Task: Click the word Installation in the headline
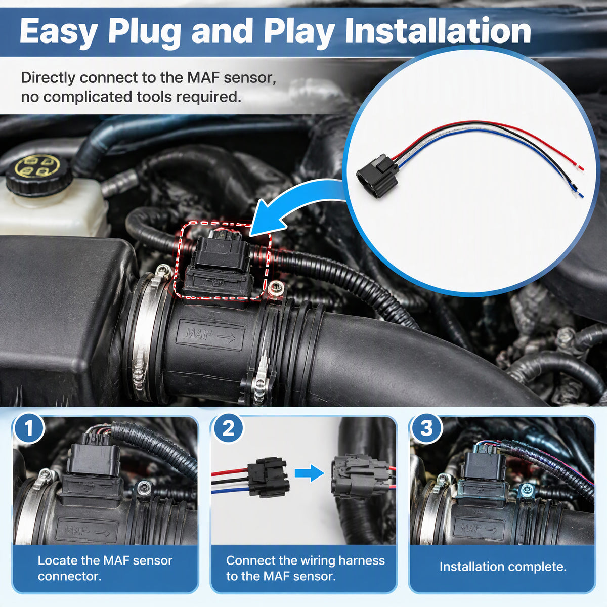tap(438, 31)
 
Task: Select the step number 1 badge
tap(28, 428)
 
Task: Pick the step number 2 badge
tap(228, 428)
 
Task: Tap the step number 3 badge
tap(426, 428)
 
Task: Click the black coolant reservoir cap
tap(38, 174)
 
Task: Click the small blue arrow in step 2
tap(310, 473)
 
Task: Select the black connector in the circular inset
tap(377, 176)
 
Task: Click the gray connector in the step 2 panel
tap(360, 476)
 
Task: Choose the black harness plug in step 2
tap(268, 477)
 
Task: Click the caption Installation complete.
tap(503, 567)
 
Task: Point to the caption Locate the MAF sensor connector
tap(105, 568)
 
